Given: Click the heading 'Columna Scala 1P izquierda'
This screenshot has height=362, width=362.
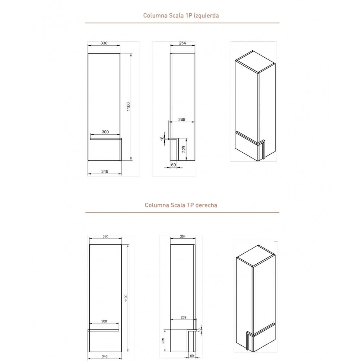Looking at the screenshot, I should click(x=181, y=16).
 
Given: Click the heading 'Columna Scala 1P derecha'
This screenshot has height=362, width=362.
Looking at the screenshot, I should click(x=181, y=205).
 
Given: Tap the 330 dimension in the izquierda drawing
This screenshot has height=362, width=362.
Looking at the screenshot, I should click(x=104, y=43).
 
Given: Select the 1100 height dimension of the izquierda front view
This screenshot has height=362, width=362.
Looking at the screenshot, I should click(x=129, y=107).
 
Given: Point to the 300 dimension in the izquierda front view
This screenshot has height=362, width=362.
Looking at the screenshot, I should click(x=105, y=132).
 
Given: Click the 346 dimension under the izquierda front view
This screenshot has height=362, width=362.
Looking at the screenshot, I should click(x=105, y=171).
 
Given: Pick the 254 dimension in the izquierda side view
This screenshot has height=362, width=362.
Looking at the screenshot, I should click(x=183, y=43).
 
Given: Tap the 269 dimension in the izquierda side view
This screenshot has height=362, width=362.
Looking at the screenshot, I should click(x=182, y=120).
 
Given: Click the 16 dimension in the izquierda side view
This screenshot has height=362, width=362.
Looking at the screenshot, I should click(x=162, y=138).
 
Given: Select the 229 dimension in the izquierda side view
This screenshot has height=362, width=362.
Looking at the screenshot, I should click(x=184, y=149).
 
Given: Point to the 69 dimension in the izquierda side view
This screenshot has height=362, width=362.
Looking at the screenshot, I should click(x=173, y=165).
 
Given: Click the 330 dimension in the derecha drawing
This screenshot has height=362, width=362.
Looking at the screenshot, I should click(x=105, y=237).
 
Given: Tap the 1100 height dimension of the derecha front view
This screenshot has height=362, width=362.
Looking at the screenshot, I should click(x=126, y=298).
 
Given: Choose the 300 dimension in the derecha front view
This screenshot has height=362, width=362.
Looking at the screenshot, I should click(x=104, y=322).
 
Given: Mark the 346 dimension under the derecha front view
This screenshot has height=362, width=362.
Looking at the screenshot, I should click(x=105, y=356).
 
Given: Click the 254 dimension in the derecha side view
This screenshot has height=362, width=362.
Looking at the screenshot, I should click(x=183, y=237).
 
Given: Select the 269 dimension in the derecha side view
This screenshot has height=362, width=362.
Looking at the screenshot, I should click(x=183, y=317).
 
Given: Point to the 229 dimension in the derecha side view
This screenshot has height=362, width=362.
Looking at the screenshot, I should click(x=163, y=341).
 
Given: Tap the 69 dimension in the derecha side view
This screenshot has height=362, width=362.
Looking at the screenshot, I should click(x=192, y=356).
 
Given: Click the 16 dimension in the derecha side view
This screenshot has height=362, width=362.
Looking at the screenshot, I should click(x=199, y=330).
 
